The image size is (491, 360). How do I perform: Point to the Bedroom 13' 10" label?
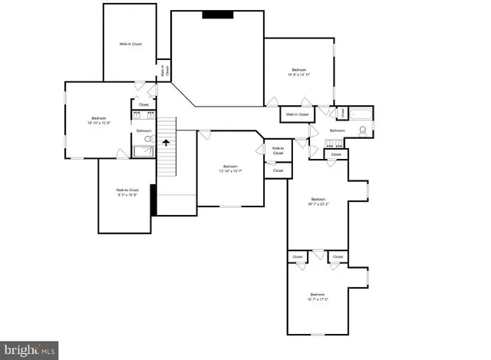tap(230, 169)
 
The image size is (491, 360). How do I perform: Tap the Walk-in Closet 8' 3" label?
tap(127, 192)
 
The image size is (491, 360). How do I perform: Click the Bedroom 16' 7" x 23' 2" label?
tap(318, 203)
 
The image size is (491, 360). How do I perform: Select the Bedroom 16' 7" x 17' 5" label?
tap(318, 296)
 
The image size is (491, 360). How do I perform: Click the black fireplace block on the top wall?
tap(218, 14)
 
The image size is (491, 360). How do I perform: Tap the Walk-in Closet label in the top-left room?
tap(130, 45)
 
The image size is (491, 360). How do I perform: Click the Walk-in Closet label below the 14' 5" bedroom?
tap(297, 114)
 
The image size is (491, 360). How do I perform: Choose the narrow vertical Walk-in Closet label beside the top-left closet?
tap(163, 71)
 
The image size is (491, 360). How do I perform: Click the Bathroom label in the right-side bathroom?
tap(338, 130)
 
